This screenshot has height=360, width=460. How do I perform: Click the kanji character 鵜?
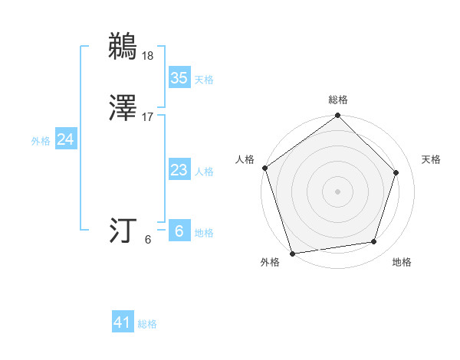point(123,46)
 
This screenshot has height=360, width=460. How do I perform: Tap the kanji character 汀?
point(123,230)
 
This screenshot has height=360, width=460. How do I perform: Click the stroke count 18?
point(148,55)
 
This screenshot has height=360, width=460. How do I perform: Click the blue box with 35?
point(179,78)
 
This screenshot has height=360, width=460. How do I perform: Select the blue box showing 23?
point(179,170)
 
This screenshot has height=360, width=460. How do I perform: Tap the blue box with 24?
point(65,139)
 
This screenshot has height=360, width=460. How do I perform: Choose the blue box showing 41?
point(123,322)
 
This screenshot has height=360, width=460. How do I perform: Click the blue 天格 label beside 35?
point(204,80)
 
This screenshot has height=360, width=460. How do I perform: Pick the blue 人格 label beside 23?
point(204,172)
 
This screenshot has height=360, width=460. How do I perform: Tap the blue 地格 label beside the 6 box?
point(204,233)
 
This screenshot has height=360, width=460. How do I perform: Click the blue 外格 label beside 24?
point(41,141)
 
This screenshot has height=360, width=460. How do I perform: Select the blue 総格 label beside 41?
point(147,324)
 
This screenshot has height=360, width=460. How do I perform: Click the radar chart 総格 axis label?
point(338,100)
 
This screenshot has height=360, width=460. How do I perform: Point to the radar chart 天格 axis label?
point(431,159)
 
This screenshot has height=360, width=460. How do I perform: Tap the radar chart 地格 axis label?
point(402,262)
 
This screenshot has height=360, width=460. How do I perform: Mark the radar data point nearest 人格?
point(264,168)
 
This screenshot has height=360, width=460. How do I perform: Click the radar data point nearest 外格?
point(292,253)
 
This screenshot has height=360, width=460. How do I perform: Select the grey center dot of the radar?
point(337,191)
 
